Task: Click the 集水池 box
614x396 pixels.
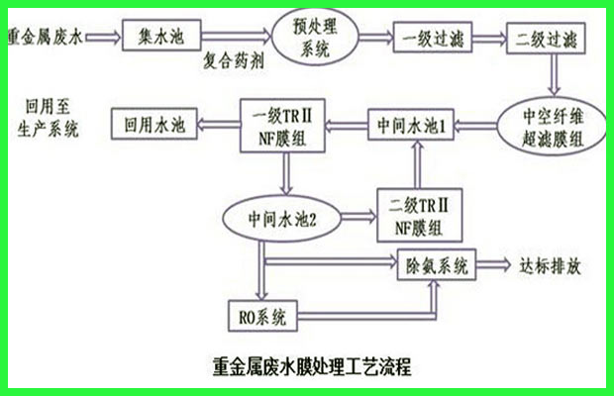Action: (x=161, y=36)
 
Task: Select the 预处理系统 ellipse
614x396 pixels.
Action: (x=315, y=37)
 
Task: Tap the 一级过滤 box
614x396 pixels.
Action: (x=433, y=38)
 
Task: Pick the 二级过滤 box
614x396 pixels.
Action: (x=546, y=39)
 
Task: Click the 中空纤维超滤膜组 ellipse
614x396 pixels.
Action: (x=552, y=127)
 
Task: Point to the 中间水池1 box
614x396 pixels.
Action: (x=411, y=125)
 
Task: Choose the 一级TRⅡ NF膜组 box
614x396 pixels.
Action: (x=282, y=126)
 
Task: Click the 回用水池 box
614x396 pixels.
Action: (x=154, y=124)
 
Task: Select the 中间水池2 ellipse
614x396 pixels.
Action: (x=282, y=219)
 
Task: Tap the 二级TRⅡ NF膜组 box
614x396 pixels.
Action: (x=419, y=215)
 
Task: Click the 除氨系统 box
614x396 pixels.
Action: (x=437, y=265)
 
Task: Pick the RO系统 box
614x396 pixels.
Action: (x=262, y=316)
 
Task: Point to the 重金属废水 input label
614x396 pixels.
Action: (x=46, y=37)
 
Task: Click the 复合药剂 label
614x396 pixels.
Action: (x=234, y=61)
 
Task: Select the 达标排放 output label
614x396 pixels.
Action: (x=550, y=266)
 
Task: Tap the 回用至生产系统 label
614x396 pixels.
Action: (x=48, y=118)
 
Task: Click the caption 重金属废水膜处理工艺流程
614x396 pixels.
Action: (x=312, y=366)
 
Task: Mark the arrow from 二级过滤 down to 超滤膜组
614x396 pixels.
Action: (x=554, y=74)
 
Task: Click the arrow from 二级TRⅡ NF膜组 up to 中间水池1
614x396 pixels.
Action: (x=418, y=164)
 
